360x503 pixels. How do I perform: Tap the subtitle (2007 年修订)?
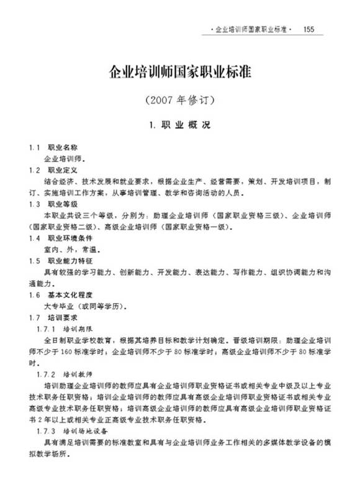click(x=179, y=100)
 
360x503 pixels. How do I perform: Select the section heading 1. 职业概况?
click(x=180, y=125)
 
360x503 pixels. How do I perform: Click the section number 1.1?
click(x=34, y=149)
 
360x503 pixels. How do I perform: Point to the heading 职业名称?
click(x=63, y=149)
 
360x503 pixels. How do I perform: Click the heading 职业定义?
click(x=63, y=170)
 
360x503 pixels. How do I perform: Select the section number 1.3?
click(x=34, y=204)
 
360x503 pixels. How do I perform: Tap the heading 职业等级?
click(x=63, y=204)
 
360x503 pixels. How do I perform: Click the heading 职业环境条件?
click(x=67, y=238)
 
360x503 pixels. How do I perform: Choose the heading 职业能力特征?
click(x=67, y=260)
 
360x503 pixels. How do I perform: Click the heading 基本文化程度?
click(x=67, y=295)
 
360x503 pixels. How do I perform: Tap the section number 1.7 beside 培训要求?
click(x=34, y=318)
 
